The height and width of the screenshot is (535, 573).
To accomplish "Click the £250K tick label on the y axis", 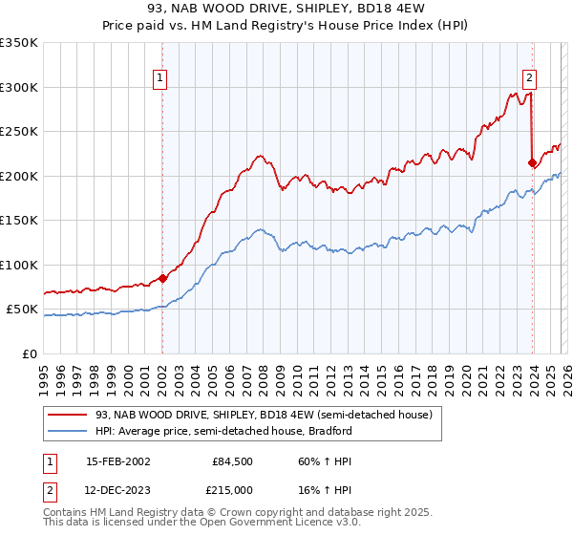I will [19, 132].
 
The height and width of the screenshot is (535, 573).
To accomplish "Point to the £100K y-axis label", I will [19, 265].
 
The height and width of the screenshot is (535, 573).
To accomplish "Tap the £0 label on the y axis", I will [29, 353].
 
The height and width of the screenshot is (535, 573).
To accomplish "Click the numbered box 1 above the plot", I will [160, 80].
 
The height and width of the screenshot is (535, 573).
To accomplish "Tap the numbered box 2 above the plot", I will [529, 80].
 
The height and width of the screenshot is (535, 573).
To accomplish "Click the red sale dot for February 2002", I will [162, 279].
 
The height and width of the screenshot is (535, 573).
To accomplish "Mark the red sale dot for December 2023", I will [532, 163].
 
